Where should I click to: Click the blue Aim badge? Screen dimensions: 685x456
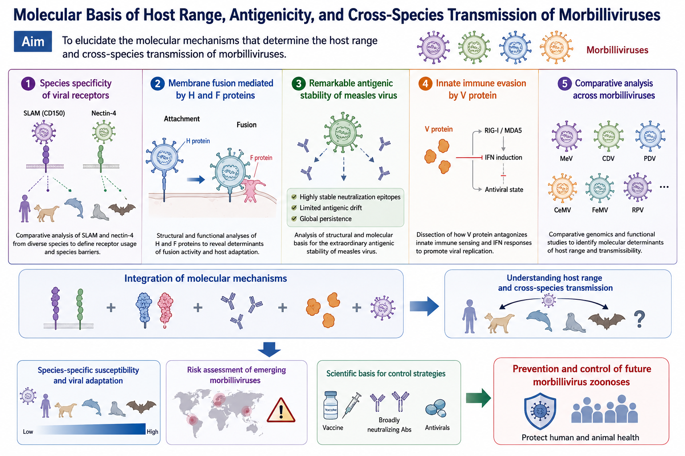click(x=33, y=41)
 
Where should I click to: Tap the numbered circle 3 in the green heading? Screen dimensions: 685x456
click(x=298, y=83)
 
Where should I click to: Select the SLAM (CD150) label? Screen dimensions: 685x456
click(x=44, y=113)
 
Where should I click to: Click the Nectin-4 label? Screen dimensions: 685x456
click(x=103, y=113)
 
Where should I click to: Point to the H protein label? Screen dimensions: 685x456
click(x=198, y=141)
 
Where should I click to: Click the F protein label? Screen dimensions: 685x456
click(x=261, y=158)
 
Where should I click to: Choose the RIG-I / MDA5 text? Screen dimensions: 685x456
click(x=503, y=130)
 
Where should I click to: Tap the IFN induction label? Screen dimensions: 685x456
click(x=503, y=157)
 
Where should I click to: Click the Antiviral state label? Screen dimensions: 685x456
click(x=504, y=189)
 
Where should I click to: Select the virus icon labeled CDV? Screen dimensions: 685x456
click(x=608, y=136)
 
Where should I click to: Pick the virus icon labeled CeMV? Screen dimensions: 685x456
click(x=562, y=188)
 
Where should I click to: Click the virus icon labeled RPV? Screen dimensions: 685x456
click(x=638, y=187)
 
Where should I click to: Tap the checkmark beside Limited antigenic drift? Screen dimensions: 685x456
click(x=294, y=208)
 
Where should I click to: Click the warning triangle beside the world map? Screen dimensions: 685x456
click(x=281, y=411)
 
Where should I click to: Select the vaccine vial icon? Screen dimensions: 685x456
click(x=330, y=405)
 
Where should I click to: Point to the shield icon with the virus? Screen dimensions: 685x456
click(x=540, y=411)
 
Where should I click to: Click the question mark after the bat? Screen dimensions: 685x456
click(x=640, y=319)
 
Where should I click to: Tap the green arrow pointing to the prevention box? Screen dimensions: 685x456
click(x=478, y=398)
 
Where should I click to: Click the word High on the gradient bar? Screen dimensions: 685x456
click(x=152, y=432)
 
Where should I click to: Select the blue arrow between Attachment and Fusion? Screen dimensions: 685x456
click(x=196, y=179)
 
